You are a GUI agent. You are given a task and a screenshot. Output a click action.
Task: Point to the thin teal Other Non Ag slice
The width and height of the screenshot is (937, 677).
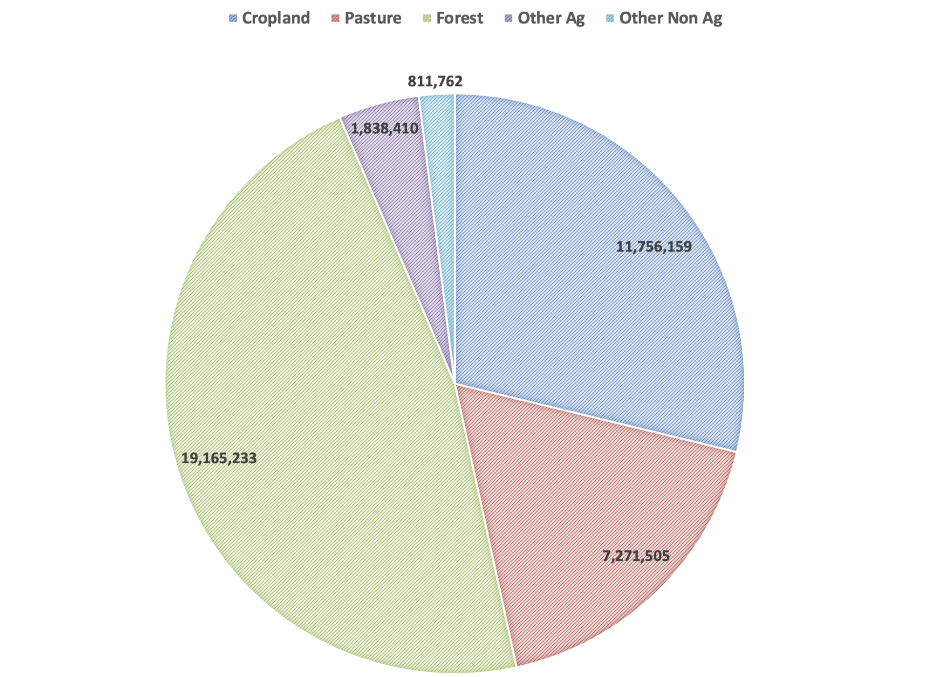(442, 195)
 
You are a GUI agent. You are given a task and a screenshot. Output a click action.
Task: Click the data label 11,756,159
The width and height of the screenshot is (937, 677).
(653, 246)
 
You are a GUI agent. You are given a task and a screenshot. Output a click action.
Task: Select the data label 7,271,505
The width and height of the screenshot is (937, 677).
(636, 556)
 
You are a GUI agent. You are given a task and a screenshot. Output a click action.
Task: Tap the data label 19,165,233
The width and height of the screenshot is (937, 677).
(219, 458)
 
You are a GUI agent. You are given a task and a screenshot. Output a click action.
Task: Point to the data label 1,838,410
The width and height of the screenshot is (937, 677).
(385, 128)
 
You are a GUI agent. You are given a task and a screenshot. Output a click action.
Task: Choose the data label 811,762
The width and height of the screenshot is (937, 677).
(435, 81)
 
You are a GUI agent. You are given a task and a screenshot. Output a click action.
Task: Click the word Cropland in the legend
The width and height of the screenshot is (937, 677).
(276, 18)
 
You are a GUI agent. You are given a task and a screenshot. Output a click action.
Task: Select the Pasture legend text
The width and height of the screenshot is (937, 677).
(373, 18)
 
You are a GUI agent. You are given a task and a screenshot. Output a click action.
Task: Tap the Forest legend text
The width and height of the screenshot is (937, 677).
(459, 18)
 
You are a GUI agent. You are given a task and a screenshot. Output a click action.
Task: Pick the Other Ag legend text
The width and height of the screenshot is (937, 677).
(551, 18)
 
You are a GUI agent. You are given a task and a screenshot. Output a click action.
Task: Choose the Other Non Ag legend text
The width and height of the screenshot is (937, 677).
(671, 18)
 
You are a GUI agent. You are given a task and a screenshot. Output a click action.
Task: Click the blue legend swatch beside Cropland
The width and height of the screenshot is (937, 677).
(233, 19)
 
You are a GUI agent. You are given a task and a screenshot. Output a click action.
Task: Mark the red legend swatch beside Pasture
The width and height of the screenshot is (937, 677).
(335, 19)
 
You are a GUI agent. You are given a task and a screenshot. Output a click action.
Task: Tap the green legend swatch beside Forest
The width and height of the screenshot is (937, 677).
(427, 19)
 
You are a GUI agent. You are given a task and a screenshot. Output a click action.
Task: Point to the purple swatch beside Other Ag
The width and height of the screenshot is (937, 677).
(508, 19)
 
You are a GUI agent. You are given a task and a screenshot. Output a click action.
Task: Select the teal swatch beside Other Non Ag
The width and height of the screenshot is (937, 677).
(610, 19)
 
